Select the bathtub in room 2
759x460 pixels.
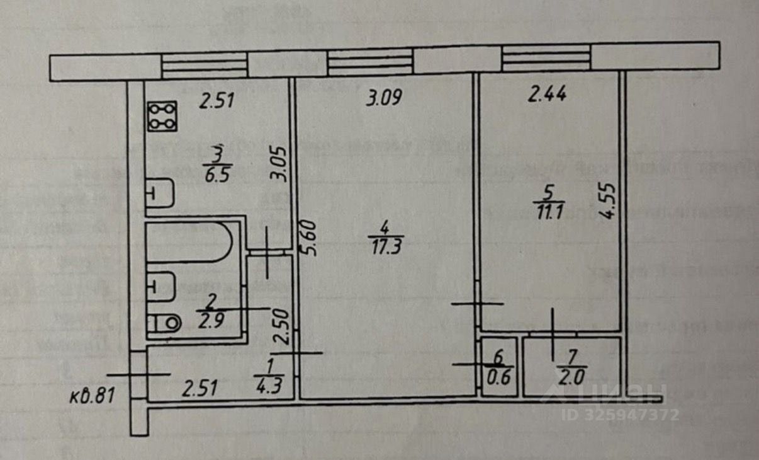coord(189,241)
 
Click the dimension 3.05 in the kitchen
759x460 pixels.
coord(280,164)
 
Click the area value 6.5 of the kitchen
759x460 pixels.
coord(218,173)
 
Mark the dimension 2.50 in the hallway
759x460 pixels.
coord(281,326)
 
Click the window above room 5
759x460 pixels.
coord(546,59)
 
